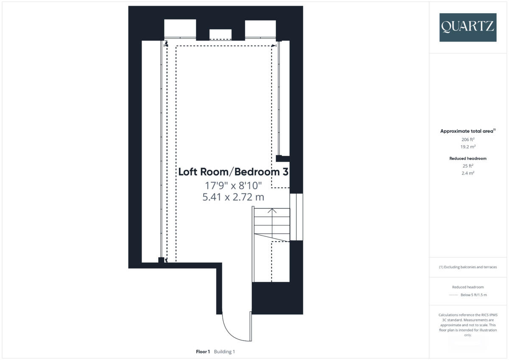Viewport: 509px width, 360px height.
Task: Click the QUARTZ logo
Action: [x=468, y=27]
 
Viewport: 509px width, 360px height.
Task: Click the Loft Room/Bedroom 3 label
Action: [x=233, y=172]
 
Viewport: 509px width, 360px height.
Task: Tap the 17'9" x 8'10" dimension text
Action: [x=233, y=186]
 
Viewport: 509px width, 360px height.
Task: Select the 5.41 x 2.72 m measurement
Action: [x=233, y=197]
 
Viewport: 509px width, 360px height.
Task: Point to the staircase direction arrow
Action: [x=272, y=211]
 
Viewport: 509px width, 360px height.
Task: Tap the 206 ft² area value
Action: [x=468, y=139]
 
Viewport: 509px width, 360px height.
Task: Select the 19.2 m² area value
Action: [x=468, y=146]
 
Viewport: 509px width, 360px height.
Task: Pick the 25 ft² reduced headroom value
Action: [x=468, y=166]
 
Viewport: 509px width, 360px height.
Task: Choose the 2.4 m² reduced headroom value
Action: [x=468, y=173]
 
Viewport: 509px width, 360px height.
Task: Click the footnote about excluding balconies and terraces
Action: [x=468, y=267]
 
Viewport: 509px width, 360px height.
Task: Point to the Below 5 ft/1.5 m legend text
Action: [x=473, y=295]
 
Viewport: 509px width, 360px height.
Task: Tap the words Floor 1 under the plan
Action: [x=203, y=352]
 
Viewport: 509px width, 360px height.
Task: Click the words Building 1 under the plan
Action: [x=224, y=352]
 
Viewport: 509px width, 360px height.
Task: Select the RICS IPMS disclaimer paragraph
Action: [x=468, y=325]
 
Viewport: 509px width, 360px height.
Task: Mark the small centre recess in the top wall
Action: [x=221, y=34]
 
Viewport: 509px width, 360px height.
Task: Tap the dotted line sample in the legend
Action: [x=453, y=295]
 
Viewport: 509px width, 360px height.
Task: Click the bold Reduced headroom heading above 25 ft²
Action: [x=468, y=158]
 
